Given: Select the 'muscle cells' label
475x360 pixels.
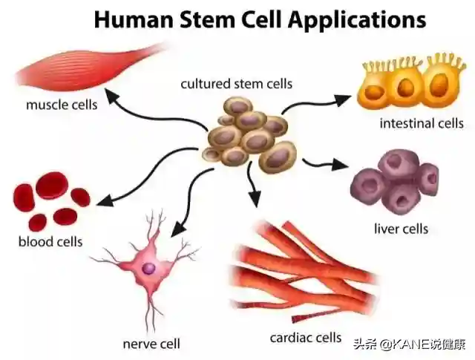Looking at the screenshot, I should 62,105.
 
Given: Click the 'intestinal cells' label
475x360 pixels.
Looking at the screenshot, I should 422,123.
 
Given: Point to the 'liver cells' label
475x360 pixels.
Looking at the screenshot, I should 402,228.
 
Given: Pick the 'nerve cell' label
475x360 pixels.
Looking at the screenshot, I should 151,344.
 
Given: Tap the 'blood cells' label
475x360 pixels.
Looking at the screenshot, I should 50,241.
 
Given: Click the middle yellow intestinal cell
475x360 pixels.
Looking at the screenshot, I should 405,88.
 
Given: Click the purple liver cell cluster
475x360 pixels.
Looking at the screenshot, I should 394,181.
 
